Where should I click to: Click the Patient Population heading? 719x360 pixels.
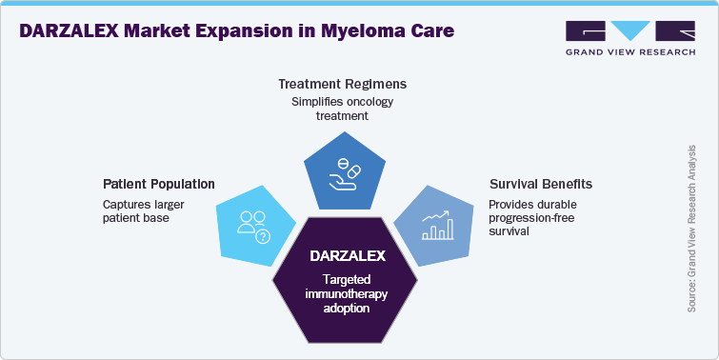pos(158,183)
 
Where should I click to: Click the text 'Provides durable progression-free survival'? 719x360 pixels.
pos(533,219)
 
